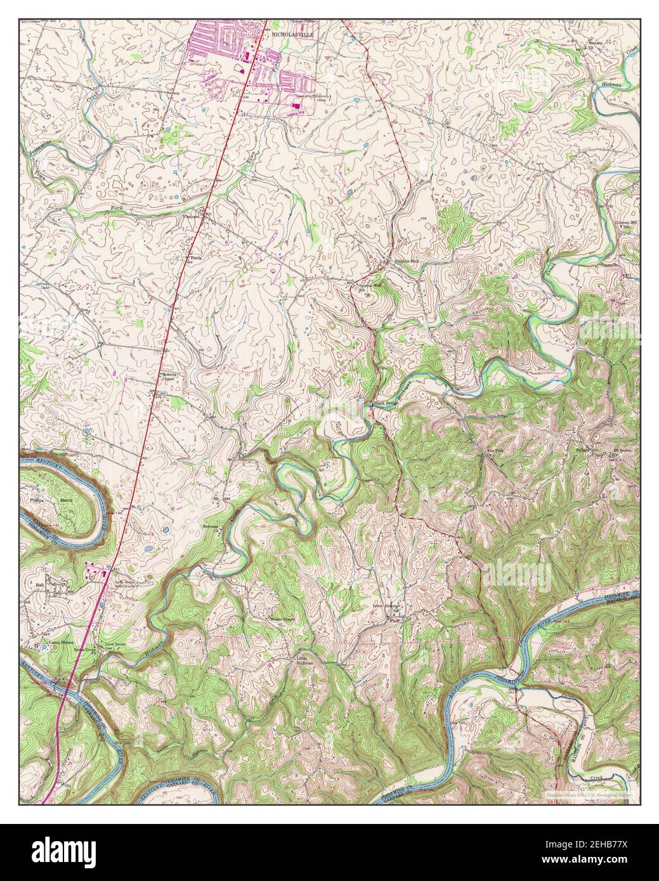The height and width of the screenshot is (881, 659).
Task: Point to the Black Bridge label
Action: click(384, 403)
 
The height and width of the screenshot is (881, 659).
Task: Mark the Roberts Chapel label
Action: click(171, 376)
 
